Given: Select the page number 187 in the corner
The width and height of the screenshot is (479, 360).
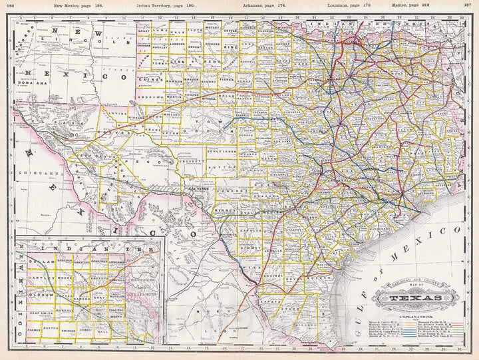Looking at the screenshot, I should click(x=468, y=4).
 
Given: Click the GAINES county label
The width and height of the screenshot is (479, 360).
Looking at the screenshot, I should click(x=150, y=79).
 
